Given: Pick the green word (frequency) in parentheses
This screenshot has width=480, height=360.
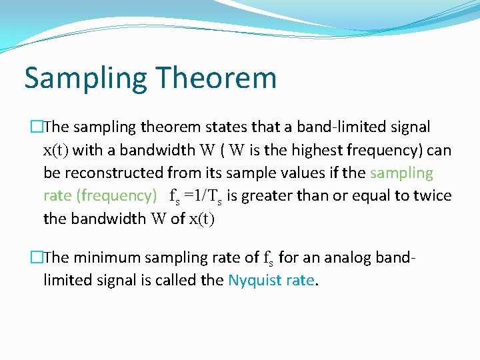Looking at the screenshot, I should pos(117,196).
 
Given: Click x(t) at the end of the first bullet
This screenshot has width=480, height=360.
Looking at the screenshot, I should pos(201,219).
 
